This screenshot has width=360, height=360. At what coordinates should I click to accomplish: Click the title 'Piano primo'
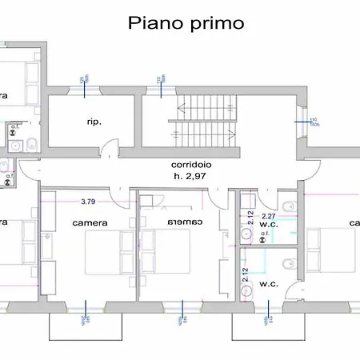click(x=186, y=23)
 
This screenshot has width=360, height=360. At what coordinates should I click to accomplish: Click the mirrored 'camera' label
click(x=186, y=222)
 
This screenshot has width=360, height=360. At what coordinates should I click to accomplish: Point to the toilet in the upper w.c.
click(x=289, y=207)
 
